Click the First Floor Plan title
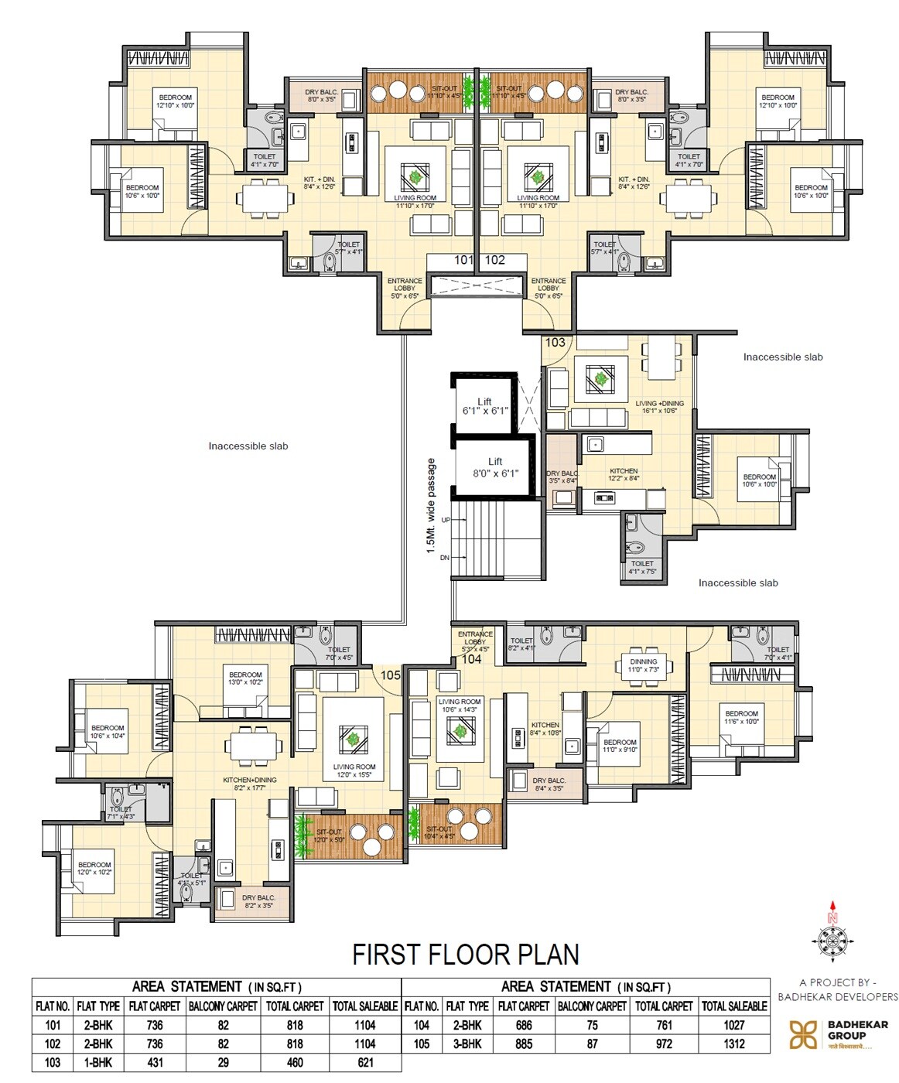pos(466,955)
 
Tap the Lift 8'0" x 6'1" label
pos(495,467)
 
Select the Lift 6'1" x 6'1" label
pos(484,406)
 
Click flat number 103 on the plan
pos(555,342)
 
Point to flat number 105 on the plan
pos(391,675)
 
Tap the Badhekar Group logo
pos(803,1034)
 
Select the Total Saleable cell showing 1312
pos(734,1044)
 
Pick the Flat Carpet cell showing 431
pos(155,1062)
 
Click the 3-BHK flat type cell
pos(467,1044)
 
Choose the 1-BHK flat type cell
pos(98,1062)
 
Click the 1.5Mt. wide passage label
pos(431,507)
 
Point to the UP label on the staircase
pos(446,520)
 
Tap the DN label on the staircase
pos(445,557)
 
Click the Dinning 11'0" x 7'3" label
pos(643,665)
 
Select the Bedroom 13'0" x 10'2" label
pos(245,678)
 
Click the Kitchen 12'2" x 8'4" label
pos(624,474)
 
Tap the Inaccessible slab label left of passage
pos(248,446)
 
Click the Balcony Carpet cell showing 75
pos(592,1025)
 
